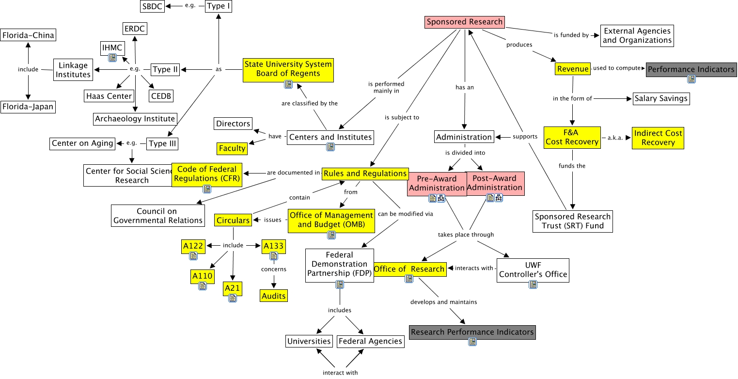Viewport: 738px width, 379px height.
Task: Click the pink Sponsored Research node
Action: [465, 22]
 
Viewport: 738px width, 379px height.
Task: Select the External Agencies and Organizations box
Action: [637, 35]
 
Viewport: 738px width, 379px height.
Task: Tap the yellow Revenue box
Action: [573, 69]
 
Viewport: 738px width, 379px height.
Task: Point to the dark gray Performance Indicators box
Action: [691, 69]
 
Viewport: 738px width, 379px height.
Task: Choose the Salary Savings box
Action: [661, 98]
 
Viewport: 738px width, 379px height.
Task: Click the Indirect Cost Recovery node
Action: [658, 138]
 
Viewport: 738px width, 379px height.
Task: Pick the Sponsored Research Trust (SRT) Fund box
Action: [572, 221]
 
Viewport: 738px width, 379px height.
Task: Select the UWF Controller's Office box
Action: [533, 269]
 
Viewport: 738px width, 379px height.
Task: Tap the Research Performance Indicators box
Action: [472, 332]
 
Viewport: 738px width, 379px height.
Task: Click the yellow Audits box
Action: [273, 296]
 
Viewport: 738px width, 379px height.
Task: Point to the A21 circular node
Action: [233, 289]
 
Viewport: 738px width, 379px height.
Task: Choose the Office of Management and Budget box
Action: [331, 220]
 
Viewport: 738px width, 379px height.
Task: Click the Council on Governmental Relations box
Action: [157, 216]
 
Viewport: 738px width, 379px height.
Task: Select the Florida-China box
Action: [28, 35]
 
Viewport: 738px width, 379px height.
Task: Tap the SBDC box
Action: [152, 6]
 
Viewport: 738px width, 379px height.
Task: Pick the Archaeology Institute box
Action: [135, 119]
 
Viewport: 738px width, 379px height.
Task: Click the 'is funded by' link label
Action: [571, 35]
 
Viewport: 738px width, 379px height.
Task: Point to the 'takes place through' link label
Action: [466, 235]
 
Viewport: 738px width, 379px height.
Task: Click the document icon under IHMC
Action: [112, 58]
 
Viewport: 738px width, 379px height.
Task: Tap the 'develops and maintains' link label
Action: [443, 302]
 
